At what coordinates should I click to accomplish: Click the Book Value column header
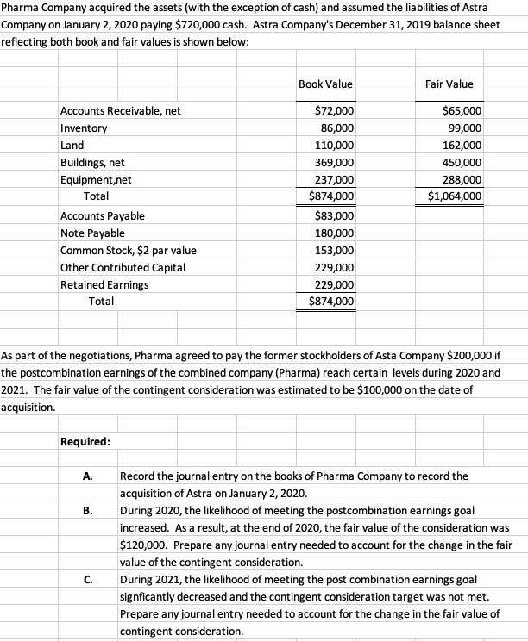click(x=325, y=84)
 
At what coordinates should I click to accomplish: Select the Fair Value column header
click(x=449, y=84)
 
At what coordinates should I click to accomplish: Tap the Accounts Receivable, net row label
click(x=120, y=111)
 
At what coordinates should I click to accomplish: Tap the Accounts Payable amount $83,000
click(x=334, y=215)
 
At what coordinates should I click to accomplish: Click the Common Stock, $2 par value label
click(x=128, y=250)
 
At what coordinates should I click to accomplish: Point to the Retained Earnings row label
click(x=104, y=284)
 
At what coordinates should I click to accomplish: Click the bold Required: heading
click(x=85, y=442)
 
